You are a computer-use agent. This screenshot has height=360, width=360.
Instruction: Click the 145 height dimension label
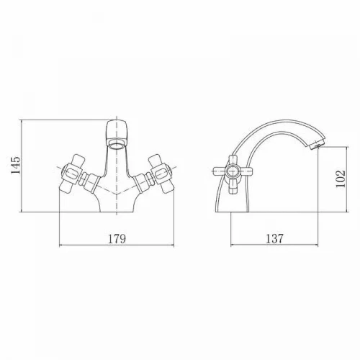pyautogui.click(x=16, y=166)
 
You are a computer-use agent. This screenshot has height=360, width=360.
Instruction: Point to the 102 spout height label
pyautogui.click(x=341, y=179)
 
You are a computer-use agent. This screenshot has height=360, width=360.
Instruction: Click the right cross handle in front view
pyautogui.click(x=161, y=174)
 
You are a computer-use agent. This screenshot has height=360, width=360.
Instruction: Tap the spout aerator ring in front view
pyautogui.click(x=117, y=144)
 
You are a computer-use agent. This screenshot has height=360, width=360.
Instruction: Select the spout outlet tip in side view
pyautogui.click(x=317, y=145)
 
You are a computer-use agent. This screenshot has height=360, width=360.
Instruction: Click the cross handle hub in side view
pyautogui.click(x=232, y=171)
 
